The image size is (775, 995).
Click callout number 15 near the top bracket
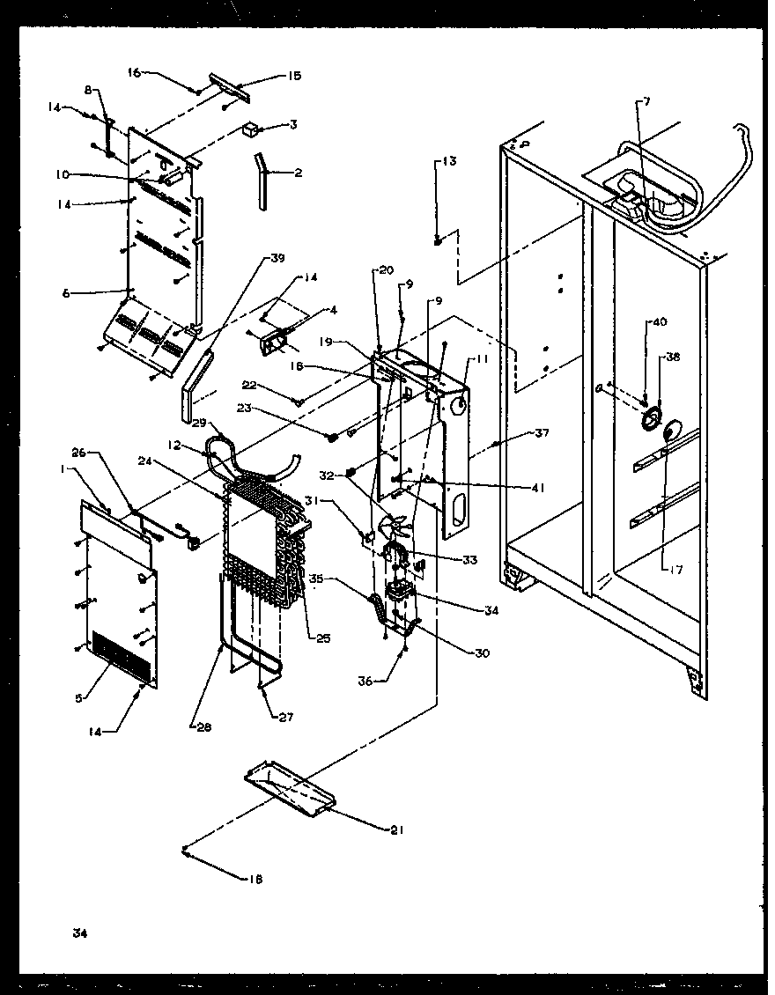tap(294, 76)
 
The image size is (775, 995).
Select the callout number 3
tap(293, 125)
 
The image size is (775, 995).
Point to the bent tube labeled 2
tap(262, 180)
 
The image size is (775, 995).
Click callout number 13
tap(449, 161)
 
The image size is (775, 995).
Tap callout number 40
tap(660, 323)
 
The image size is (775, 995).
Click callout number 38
tap(673, 358)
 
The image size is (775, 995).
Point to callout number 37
tap(542, 432)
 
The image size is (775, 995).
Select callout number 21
tap(395, 829)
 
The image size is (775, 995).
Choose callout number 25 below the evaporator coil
tap(323, 637)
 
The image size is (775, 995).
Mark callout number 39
tap(277, 258)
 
